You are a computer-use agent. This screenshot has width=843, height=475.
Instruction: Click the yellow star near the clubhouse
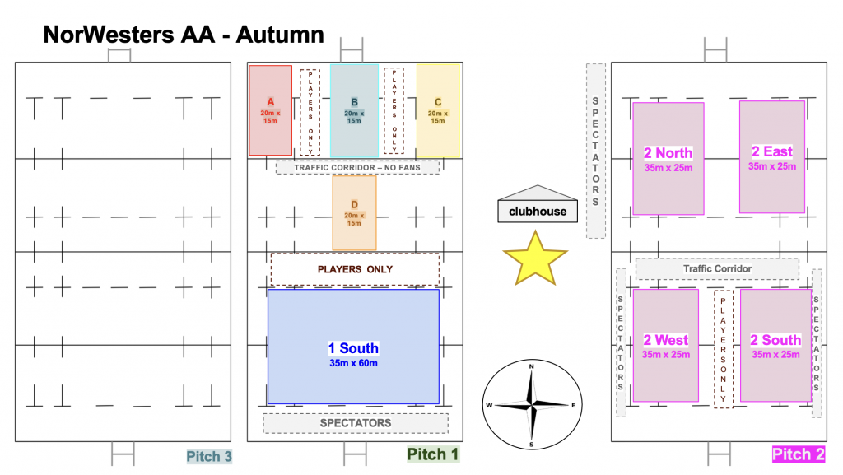[x=535, y=258]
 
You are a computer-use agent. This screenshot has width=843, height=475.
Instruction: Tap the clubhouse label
[x=538, y=212]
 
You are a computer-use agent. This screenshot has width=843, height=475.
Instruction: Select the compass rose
[x=532, y=405]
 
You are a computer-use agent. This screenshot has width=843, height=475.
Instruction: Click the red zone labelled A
[x=270, y=110]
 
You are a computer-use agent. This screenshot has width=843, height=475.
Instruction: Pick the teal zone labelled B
[x=354, y=110]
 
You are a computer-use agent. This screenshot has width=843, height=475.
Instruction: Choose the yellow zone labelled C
[x=438, y=110]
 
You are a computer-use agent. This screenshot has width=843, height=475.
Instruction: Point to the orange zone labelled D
[x=354, y=213]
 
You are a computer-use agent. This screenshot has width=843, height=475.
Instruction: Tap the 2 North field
[x=668, y=158]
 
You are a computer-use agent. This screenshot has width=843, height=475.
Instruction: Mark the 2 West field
[x=665, y=345]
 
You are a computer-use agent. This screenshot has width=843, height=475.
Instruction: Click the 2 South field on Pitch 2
[x=775, y=345]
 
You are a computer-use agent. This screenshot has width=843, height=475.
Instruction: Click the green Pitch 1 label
[x=432, y=454]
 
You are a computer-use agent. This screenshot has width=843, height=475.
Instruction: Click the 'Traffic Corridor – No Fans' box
[x=357, y=167]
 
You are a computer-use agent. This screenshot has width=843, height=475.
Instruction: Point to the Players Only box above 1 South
[x=355, y=269]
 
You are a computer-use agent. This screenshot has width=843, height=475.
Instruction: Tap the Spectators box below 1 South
[x=356, y=423]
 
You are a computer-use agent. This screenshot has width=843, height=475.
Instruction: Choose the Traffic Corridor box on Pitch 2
[x=717, y=269]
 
